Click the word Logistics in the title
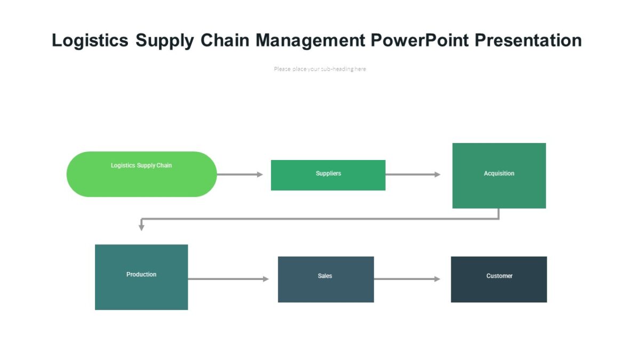[x=90, y=41]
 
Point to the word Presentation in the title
[x=528, y=41]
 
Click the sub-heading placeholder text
[x=319, y=69]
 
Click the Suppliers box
[x=328, y=175]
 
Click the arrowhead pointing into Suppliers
[x=260, y=174]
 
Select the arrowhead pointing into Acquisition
[x=437, y=174]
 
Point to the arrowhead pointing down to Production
[x=141, y=227]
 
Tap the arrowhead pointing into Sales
[x=266, y=279]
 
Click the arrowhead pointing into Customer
[x=437, y=279]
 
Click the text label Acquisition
[x=499, y=173]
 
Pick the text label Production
[x=141, y=274]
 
